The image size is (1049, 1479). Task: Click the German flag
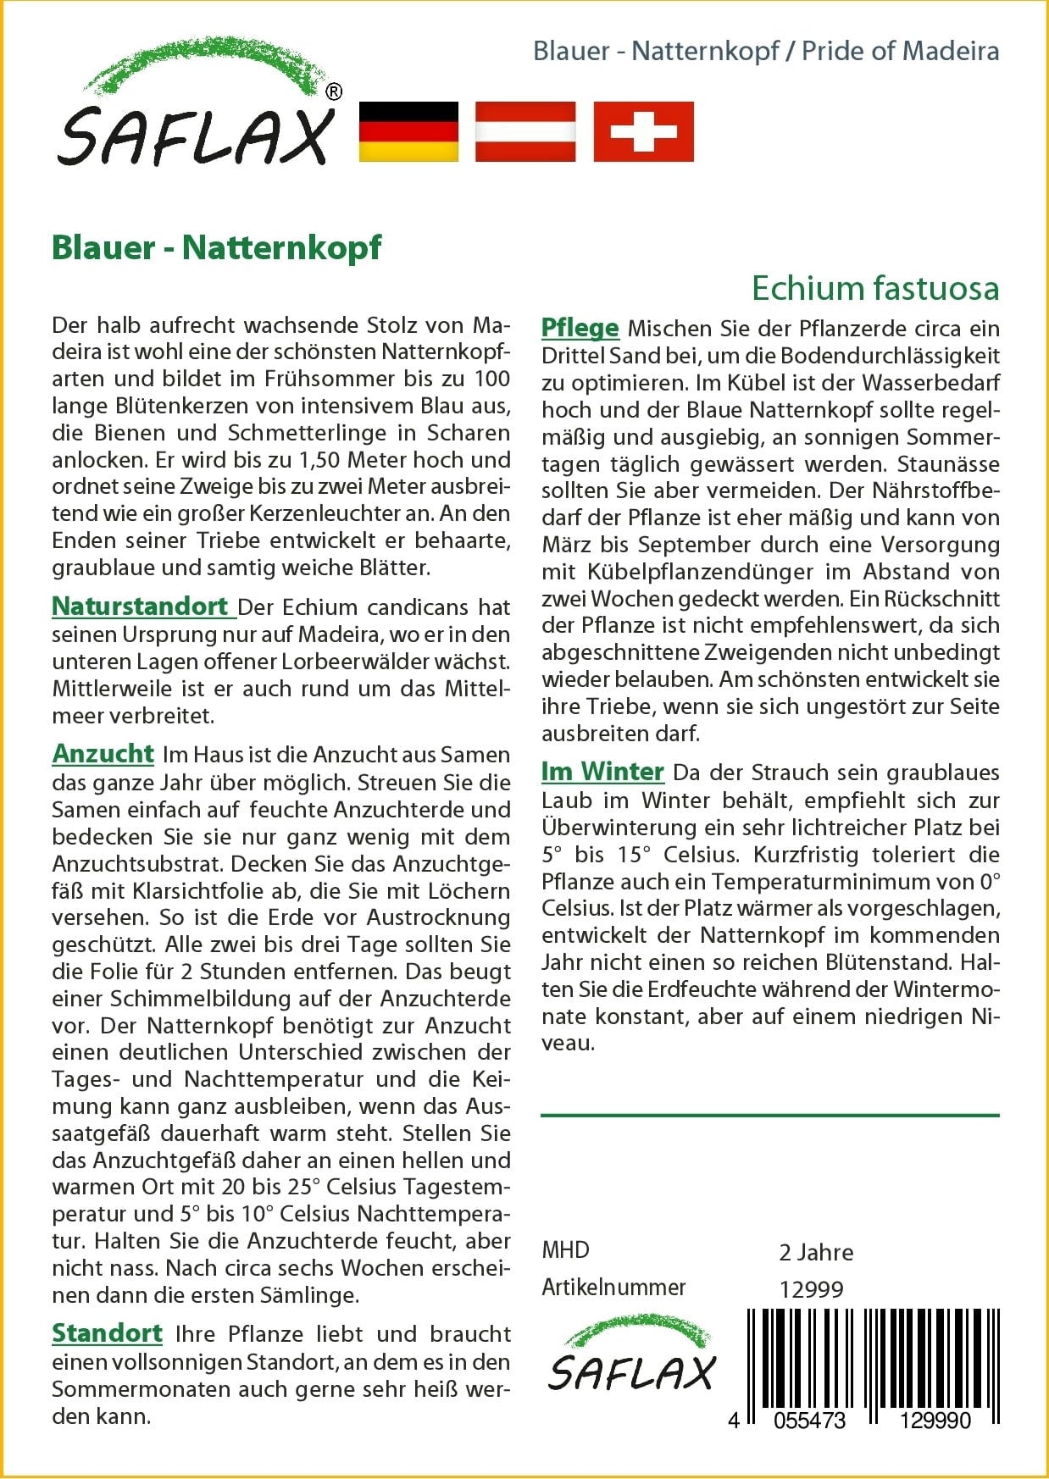point(408,131)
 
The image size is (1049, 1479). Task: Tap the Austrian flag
point(525,131)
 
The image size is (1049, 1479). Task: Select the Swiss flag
point(643,131)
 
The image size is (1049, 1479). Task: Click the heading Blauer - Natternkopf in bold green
point(217,247)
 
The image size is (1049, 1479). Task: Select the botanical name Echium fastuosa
point(875,288)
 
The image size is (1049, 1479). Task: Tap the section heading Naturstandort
point(141,607)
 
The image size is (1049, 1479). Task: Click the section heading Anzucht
point(103,753)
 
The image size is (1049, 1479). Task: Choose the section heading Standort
point(107,1332)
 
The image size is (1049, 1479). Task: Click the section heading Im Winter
point(602,771)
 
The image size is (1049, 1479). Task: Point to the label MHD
point(565,1249)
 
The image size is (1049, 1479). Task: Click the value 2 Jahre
point(815,1252)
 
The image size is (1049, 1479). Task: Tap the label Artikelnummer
point(613,1287)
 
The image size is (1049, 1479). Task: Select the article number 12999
point(811,1289)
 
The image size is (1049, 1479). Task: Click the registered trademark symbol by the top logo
point(334,91)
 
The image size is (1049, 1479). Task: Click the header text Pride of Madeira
point(900,51)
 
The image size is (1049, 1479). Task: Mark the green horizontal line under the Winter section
point(769,1116)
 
